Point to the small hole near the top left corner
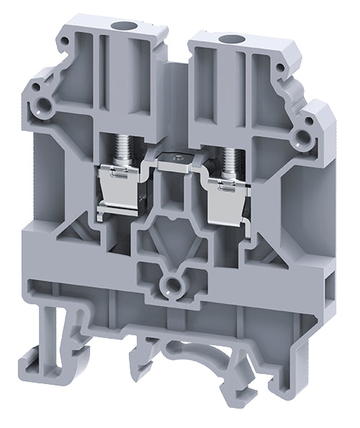[x=32, y=91]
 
